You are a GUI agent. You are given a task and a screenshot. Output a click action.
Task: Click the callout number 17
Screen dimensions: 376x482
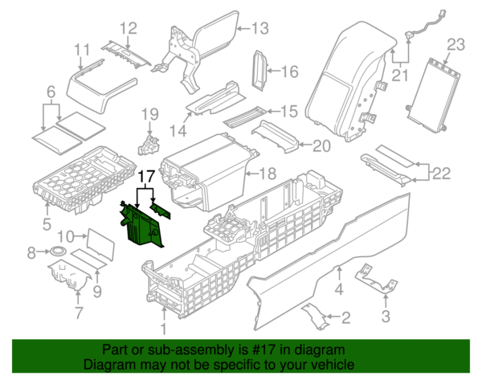coord(146,175)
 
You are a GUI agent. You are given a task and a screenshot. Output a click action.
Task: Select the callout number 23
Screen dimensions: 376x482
coord(455,44)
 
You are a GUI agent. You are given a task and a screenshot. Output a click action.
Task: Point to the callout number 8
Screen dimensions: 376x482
coord(31,253)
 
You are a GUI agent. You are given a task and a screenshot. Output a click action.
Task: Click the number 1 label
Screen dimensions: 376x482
coord(164,328)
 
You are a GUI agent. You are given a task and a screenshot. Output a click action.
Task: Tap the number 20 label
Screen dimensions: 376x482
coord(321,146)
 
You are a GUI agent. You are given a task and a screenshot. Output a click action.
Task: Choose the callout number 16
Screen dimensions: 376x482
coord(289,72)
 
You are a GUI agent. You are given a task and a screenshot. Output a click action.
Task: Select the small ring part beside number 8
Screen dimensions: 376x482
coord(57,254)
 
